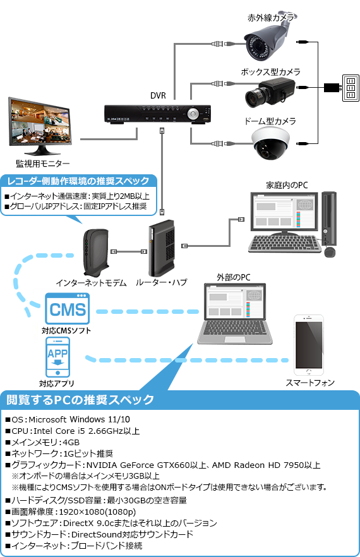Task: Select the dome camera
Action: click(271, 141)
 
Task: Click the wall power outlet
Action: click(349, 88)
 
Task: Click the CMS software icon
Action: click(67, 309)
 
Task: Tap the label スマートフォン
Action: click(310, 383)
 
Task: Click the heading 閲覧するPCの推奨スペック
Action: click(80, 400)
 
